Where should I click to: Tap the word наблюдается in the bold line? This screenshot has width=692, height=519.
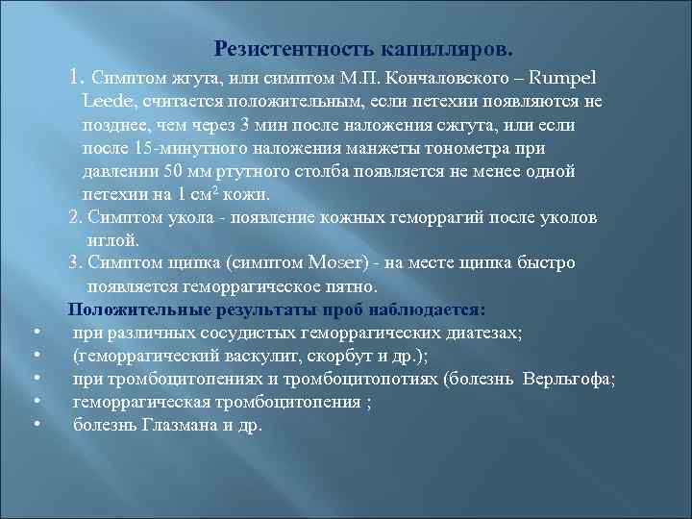(425, 309)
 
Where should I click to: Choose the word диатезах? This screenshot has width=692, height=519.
(477, 333)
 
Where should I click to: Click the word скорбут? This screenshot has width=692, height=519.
(325, 356)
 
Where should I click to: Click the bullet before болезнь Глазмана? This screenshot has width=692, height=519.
(35, 425)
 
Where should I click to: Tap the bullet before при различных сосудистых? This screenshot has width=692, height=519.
(35, 333)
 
